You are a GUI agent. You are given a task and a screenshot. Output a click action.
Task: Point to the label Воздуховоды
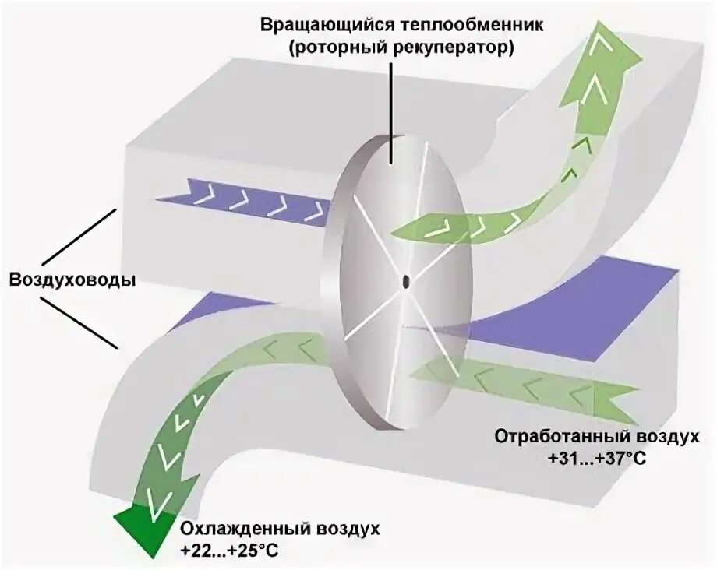[x=72, y=279]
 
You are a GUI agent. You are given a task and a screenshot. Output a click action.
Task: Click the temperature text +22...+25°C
[x=228, y=552]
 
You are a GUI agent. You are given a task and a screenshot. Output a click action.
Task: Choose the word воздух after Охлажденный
[x=348, y=530]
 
